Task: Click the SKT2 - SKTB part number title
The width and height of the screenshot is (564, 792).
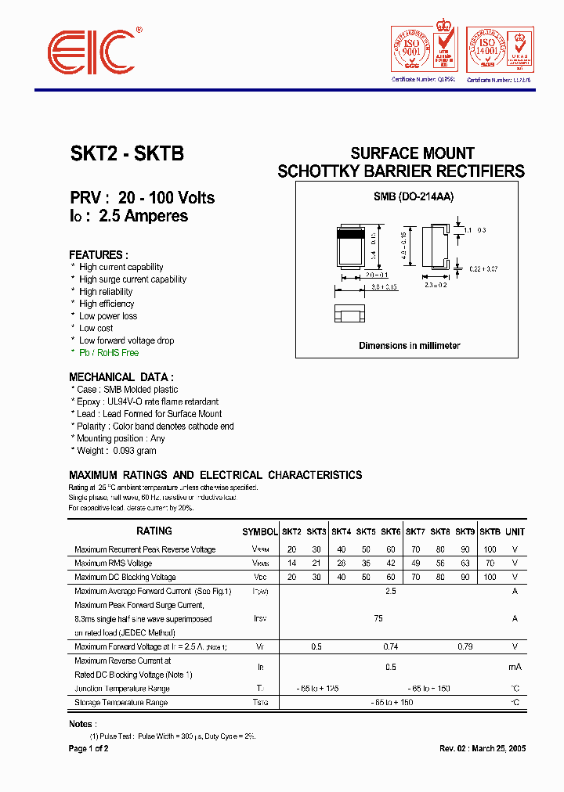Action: point(127,154)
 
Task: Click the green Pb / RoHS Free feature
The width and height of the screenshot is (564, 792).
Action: point(108,353)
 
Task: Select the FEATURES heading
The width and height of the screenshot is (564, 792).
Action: point(98,255)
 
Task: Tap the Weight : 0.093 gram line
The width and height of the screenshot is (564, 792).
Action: point(116,451)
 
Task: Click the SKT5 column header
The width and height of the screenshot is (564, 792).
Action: point(366,531)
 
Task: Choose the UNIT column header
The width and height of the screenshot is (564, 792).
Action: point(515,531)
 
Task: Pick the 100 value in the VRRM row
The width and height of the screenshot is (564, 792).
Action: point(490,549)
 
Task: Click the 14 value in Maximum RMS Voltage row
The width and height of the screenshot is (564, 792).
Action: point(291,563)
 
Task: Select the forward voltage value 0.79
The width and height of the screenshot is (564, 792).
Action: point(465,647)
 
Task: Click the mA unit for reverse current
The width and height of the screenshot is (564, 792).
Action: point(515,667)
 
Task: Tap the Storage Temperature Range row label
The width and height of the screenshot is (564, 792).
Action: point(121,703)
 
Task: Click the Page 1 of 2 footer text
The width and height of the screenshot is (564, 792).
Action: point(89,749)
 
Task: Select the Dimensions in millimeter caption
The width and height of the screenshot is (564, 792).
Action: point(409,345)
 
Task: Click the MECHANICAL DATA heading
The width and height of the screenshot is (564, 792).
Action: point(121,377)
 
